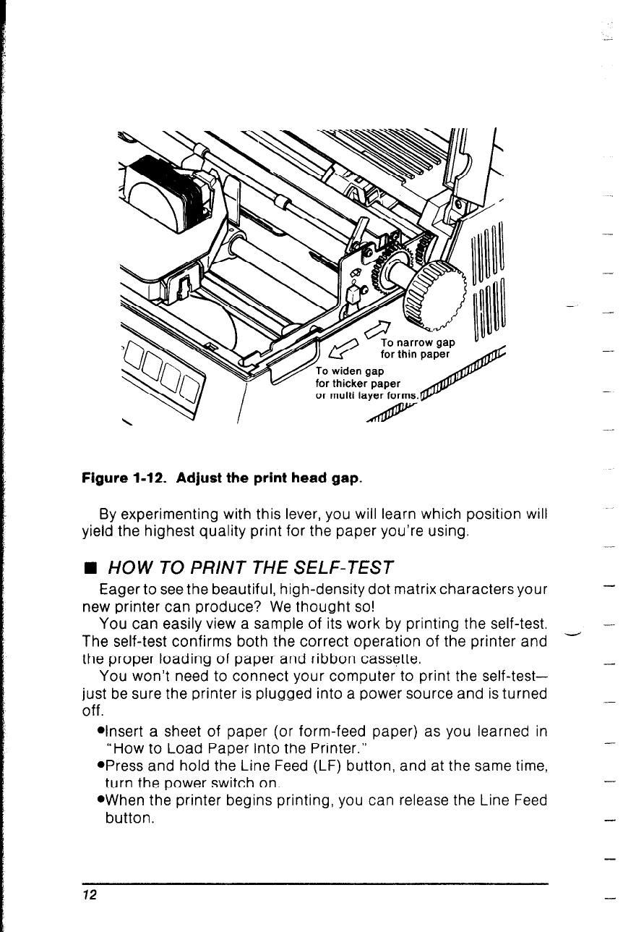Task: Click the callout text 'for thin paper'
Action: tap(415, 355)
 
